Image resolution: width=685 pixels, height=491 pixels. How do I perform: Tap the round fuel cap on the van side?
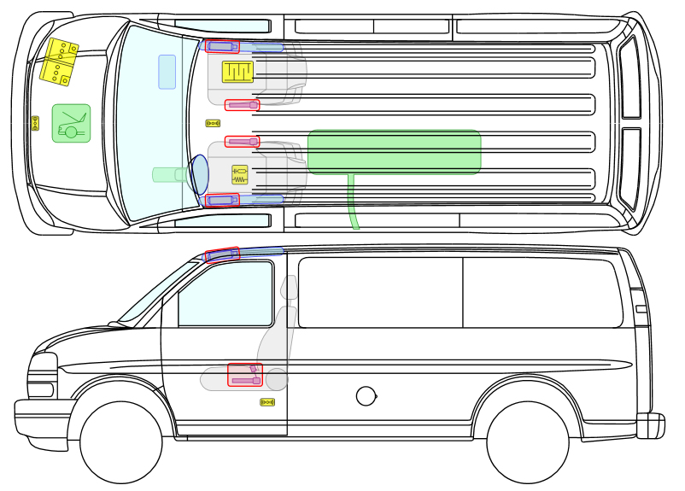pos(366,395)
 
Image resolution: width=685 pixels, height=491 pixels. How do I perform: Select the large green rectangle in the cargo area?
pos(394,152)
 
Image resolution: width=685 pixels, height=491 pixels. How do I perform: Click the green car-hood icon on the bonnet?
pos(71,124)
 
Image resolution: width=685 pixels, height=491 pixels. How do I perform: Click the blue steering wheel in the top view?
pos(199,174)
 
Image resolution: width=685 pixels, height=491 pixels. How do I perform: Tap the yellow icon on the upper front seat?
pos(237,72)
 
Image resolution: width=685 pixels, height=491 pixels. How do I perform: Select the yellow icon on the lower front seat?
pos(240,175)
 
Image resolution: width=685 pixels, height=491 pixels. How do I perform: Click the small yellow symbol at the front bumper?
pos(35,123)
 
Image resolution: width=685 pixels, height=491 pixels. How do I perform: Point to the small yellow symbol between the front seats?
pos(213,123)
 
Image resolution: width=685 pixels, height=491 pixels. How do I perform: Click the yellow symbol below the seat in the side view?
pos(267,401)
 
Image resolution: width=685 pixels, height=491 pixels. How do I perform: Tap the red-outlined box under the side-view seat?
pos(245,375)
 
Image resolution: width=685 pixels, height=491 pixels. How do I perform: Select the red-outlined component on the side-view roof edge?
pos(223,254)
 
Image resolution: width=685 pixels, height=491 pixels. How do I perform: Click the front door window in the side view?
pos(224,294)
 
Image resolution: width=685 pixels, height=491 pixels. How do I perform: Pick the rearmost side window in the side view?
pos(542,292)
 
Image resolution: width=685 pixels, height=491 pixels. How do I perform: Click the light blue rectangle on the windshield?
pos(167,72)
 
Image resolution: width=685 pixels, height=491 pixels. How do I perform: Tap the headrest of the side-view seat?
pos(290,288)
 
